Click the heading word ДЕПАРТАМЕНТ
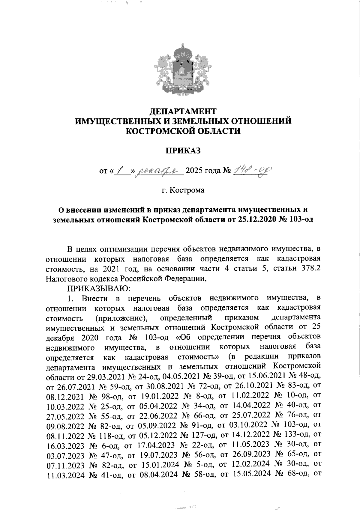click(183, 112)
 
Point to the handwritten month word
click(159, 171)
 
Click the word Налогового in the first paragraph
click(67, 279)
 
